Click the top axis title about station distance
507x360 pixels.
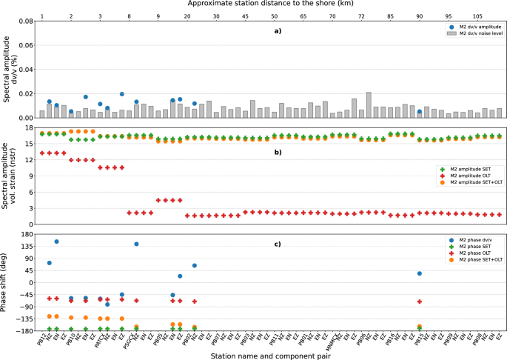tap(272, 4)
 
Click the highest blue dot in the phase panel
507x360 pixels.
tap(56, 241)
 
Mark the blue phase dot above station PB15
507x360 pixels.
tap(420, 273)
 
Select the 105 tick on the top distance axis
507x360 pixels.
tap(478, 14)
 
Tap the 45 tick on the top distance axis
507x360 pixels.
tap(246, 14)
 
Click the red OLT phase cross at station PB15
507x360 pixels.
tap(420, 301)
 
